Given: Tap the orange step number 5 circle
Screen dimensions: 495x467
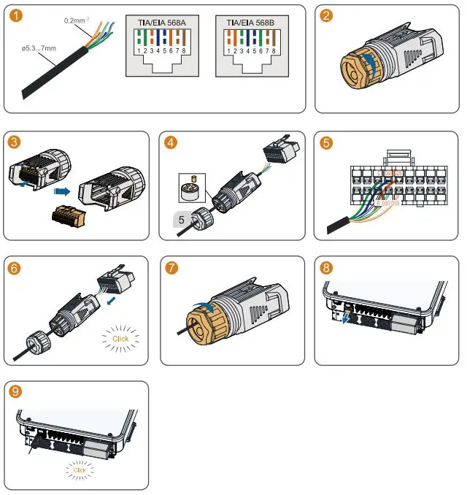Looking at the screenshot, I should pyautogui.click(x=326, y=142).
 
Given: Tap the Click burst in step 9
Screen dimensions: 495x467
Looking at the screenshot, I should pyautogui.click(x=80, y=470).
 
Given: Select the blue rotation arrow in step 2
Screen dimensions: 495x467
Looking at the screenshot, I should pyautogui.click(x=373, y=65).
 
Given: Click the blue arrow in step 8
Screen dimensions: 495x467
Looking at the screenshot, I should pyautogui.click(x=344, y=318).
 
